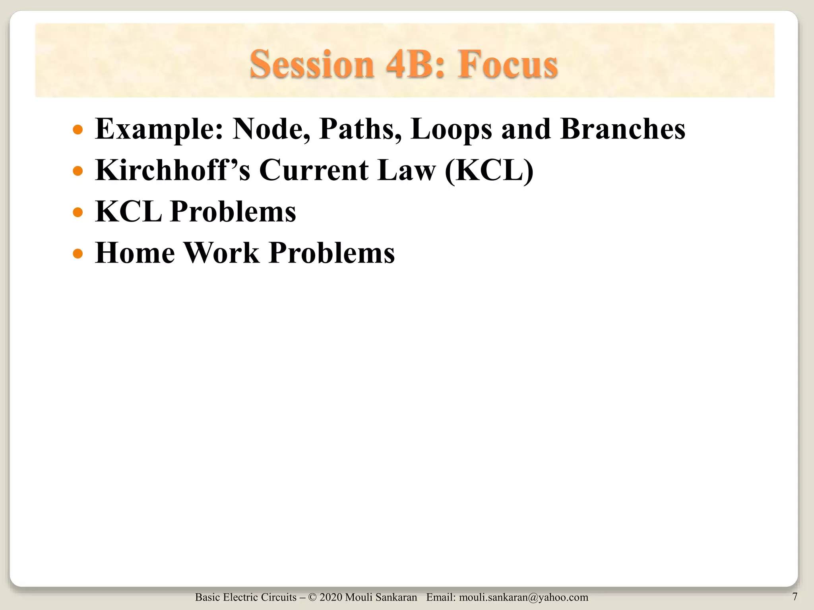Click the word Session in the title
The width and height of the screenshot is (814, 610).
pos(312,64)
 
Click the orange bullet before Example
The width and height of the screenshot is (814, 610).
pos(78,130)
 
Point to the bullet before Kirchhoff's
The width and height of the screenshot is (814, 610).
pos(78,171)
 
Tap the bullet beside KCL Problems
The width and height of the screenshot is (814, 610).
pos(78,212)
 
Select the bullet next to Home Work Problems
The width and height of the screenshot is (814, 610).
pos(78,253)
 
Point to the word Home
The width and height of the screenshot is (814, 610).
pos(135,253)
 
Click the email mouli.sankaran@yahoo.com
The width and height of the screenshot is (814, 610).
pos(523,597)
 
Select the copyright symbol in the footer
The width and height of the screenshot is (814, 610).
pos(312,597)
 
